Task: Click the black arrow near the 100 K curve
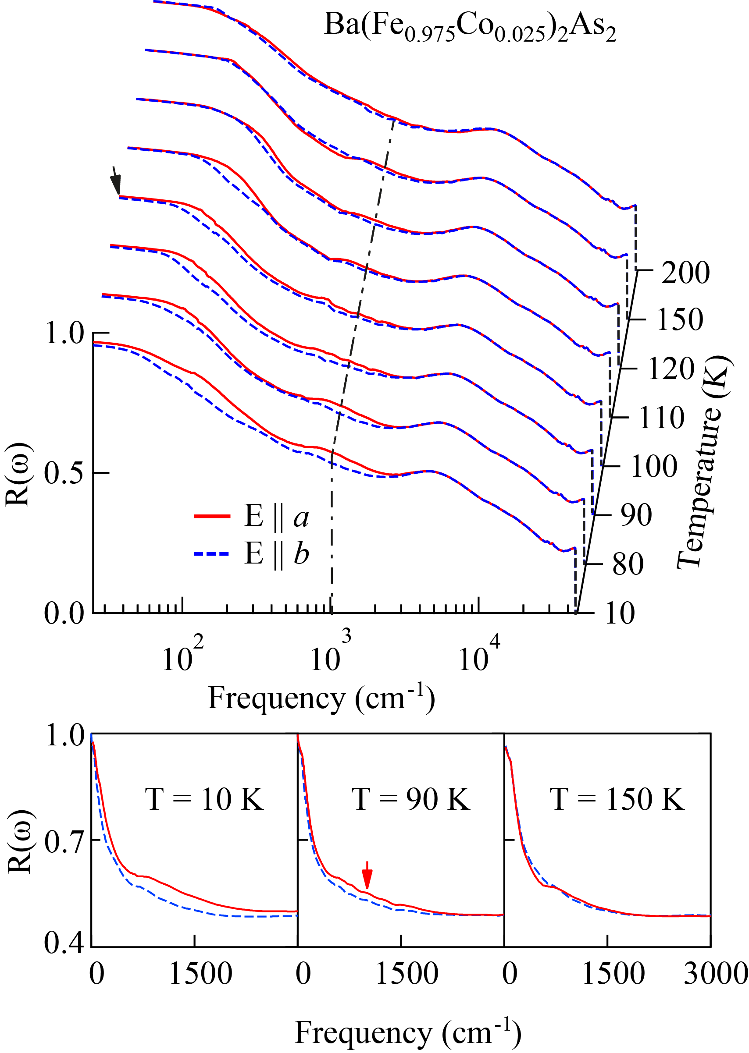[116, 180]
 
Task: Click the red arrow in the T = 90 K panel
[367, 875]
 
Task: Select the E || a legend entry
[251, 516]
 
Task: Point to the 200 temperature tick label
[685, 273]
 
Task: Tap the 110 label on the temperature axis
[661, 418]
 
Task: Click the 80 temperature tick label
[628, 564]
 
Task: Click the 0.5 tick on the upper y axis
[64, 473]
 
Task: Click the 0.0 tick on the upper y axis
[64, 613]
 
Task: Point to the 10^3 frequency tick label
[330, 653]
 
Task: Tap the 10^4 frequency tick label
[478, 653]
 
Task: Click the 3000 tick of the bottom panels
[715, 974]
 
